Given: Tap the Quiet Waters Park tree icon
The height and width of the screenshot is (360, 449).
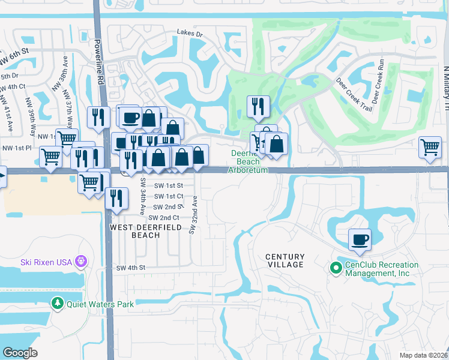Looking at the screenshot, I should click(58, 304).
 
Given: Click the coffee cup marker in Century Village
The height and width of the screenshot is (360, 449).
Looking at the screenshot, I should click(360, 239).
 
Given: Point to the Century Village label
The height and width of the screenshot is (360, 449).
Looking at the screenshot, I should click(285, 260).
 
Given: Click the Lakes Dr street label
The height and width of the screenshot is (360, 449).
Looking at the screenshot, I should click(190, 34).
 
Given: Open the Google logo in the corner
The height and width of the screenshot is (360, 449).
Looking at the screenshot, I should click(20, 352).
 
